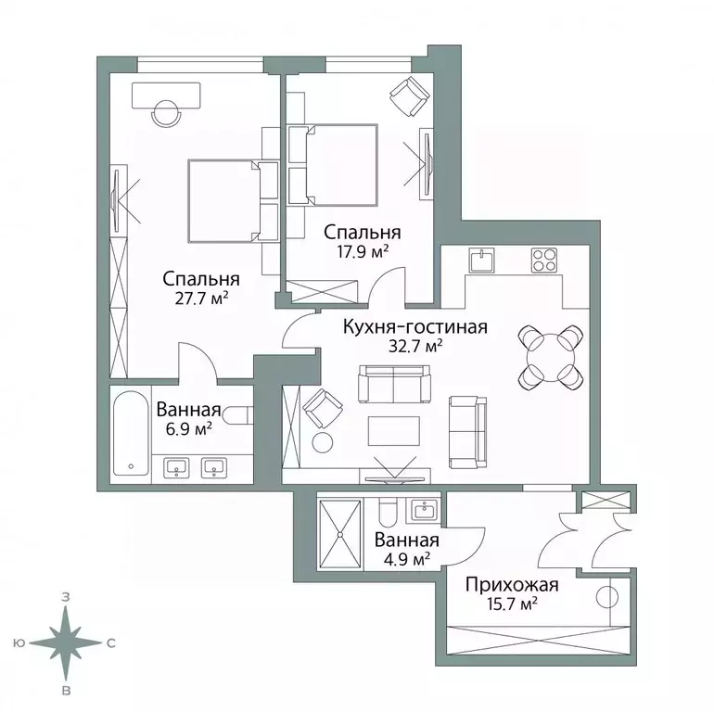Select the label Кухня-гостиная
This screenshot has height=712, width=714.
(x=414, y=327)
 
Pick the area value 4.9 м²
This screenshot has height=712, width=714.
(x=404, y=558)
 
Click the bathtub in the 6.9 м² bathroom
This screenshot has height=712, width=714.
(x=129, y=436)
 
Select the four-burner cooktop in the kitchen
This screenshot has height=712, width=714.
(x=543, y=261)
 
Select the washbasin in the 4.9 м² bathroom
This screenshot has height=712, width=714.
(x=425, y=509)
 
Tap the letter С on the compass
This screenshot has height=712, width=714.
(x=110, y=642)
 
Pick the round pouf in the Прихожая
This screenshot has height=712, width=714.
(x=607, y=598)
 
